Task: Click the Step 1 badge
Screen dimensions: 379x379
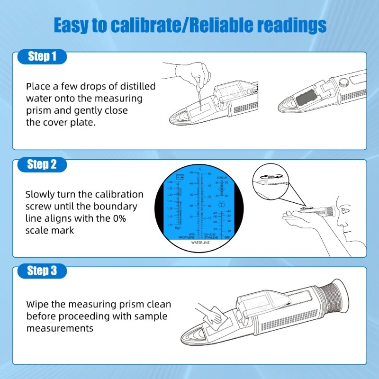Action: [x=42, y=57]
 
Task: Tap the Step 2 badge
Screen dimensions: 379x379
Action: [x=42, y=164]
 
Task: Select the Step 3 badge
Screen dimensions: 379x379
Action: [x=42, y=271]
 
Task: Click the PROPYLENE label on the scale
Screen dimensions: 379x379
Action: [x=186, y=237]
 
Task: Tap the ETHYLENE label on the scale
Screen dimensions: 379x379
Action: [x=211, y=237]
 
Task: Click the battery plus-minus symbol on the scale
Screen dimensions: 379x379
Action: [x=180, y=177]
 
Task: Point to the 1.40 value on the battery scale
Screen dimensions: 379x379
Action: [x=170, y=182]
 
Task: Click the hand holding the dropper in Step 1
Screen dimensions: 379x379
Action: [x=192, y=76]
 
